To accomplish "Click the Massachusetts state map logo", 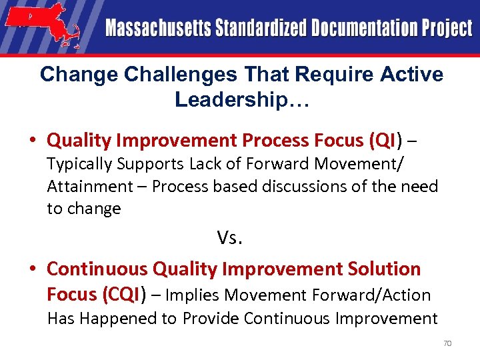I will [x=43, y=26].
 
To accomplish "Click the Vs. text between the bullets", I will [x=229, y=237].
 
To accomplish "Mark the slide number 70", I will [x=447, y=343].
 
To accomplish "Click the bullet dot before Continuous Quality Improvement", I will [x=32, y=269].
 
